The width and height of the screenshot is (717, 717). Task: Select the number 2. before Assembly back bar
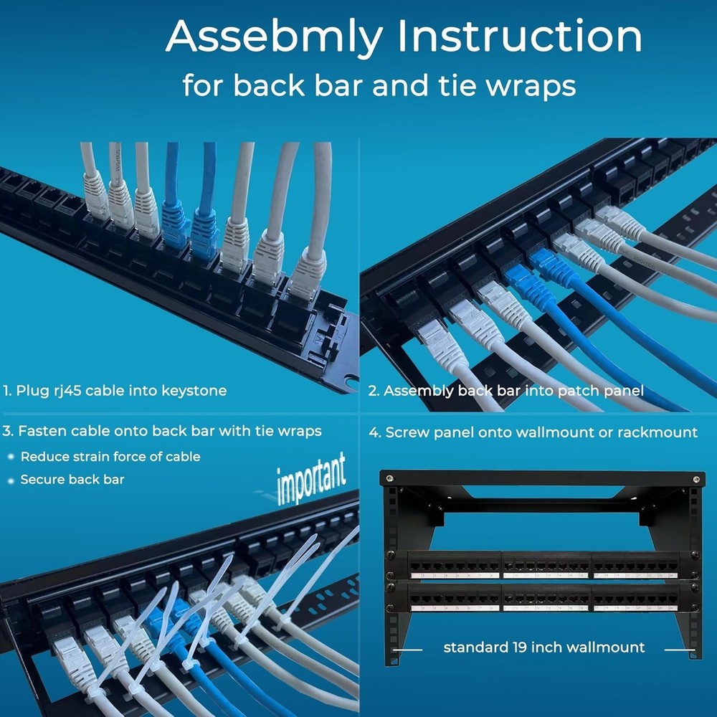coord(373,391)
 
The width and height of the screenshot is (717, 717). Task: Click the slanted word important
coord(312,476)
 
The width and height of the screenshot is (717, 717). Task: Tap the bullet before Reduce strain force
coord(11,457)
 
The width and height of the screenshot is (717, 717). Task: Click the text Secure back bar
coord(72,479)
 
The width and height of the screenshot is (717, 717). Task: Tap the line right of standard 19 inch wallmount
coord(678,650)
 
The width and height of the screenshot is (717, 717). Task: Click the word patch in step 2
coord(582,391)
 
